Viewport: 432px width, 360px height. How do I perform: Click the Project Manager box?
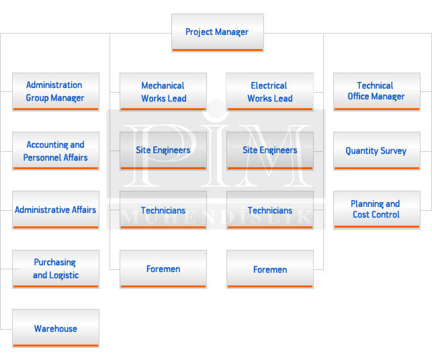point(217,32)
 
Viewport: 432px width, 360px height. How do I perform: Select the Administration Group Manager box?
point(55,91)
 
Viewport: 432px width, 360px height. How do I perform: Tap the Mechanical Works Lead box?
point(163,91)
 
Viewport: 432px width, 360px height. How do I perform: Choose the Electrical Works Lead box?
point(270,91)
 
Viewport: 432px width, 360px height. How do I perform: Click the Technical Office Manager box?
point(376,91)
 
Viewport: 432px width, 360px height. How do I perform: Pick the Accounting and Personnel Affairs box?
point(55,150)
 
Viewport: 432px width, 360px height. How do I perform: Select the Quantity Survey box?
point(376,150)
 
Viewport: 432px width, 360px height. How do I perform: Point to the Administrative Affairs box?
point(55,210)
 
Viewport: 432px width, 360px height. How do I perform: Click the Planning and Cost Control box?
point(376,210)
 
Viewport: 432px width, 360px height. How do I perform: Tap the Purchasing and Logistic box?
point(55,269)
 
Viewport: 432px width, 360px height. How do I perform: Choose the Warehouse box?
point(55,328)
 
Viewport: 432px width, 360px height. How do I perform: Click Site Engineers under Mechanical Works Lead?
point(163,150)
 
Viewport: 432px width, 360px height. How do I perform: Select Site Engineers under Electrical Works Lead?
point(270,150)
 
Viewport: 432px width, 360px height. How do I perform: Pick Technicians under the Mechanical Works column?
point(163,210)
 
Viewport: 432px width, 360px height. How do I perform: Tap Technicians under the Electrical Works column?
point(270,210)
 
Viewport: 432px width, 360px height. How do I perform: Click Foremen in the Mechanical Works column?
point(163,269)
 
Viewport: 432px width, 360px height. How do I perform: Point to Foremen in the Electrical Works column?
point(270,269)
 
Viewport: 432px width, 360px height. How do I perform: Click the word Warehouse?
point(56,328)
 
